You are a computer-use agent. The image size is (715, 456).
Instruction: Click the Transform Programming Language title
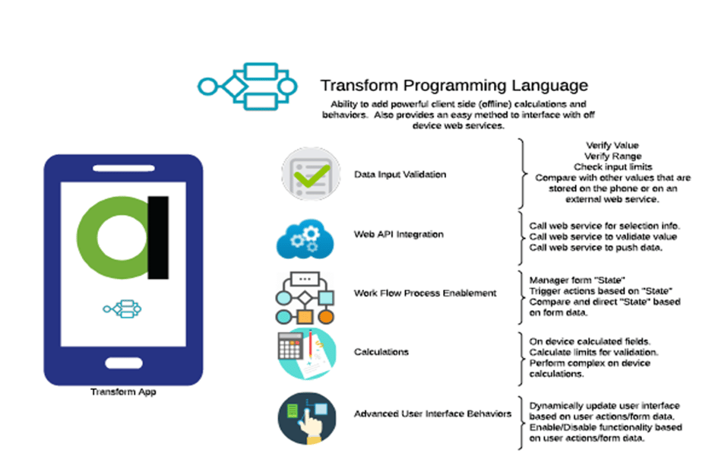click(454, 85)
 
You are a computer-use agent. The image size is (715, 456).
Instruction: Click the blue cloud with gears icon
click(304, 236)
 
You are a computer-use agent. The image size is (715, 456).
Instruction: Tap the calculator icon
click(305, 353)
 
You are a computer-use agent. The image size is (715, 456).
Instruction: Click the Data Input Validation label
click(400, 174)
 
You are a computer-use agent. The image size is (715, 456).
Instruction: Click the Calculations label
click(381, 352)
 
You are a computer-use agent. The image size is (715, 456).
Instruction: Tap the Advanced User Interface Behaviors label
click(432, 414)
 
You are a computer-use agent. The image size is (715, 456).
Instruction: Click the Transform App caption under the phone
click(123, 392)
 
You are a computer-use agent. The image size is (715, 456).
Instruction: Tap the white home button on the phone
click(123, 360)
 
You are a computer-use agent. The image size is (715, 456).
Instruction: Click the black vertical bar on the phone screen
click(158, 236)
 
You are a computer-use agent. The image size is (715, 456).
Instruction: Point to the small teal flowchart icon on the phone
click(122, 308)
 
